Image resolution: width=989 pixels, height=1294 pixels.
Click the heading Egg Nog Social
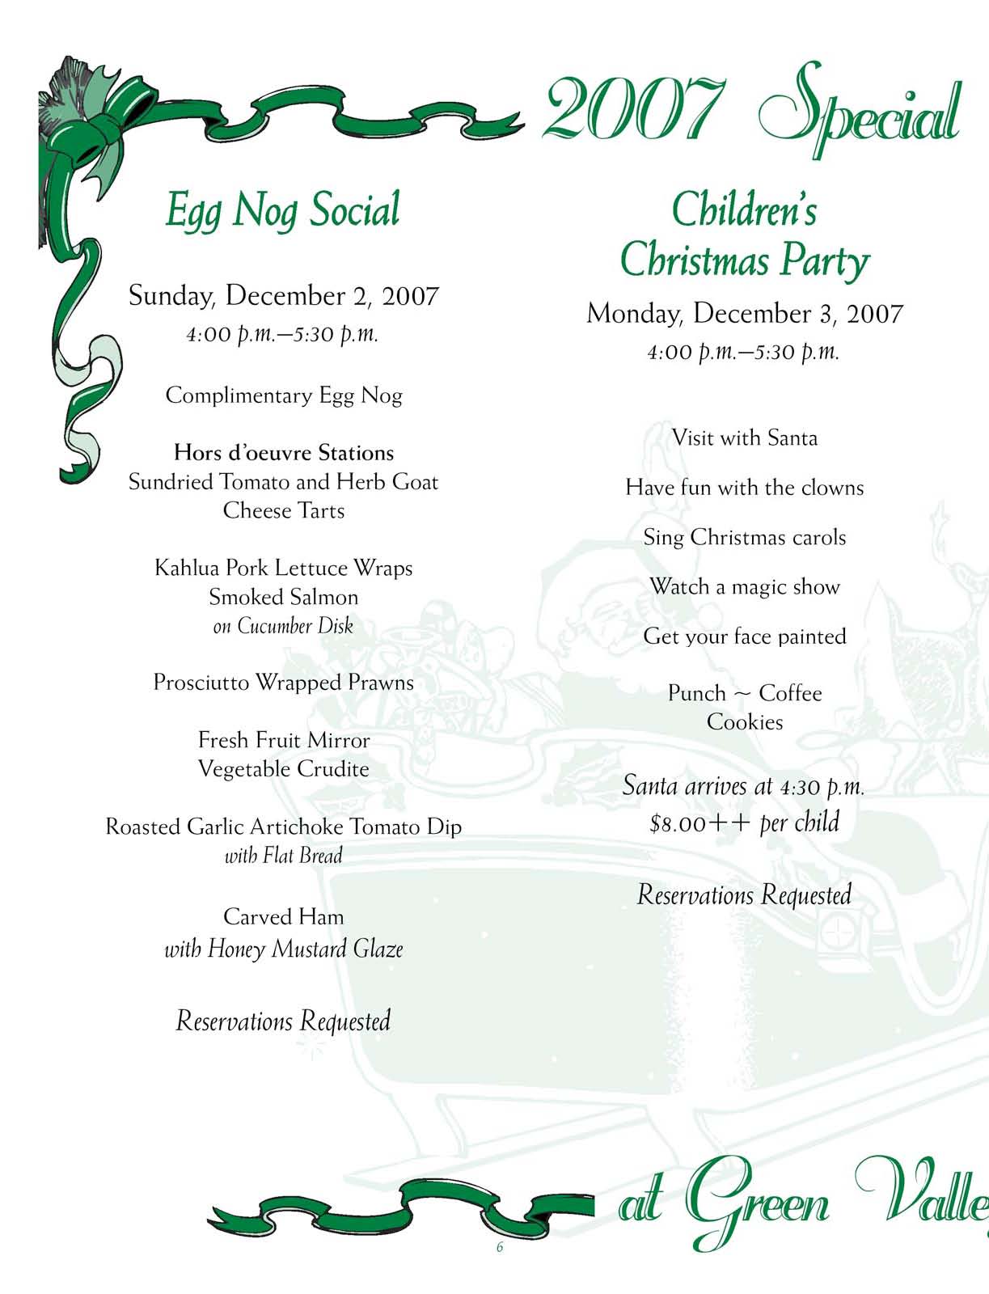tap(282, 210)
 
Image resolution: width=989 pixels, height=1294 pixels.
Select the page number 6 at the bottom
tap(500, 1247)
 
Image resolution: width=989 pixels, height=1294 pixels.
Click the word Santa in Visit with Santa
tap(792, 438)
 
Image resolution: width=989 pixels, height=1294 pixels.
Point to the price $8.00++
tap(700, 823)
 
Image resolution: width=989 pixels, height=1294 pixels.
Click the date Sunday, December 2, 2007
tap(283, 296)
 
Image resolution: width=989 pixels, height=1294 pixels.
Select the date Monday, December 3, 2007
tap(744, 314)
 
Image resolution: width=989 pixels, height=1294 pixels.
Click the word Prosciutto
tap(201, 683)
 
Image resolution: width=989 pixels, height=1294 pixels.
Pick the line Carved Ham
tap(283, 917)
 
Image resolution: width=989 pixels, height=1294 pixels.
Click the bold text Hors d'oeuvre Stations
tap(284, 453)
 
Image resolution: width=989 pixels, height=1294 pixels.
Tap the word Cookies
tap(744, 722)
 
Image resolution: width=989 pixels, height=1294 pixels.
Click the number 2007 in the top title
tap(633, 108)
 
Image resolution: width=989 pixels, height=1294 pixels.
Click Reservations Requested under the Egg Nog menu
tap(283, 1021)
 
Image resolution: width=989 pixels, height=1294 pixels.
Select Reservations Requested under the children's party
tap(744, 894)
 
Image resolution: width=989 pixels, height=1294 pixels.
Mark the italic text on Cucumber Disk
tap(283, 626)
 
